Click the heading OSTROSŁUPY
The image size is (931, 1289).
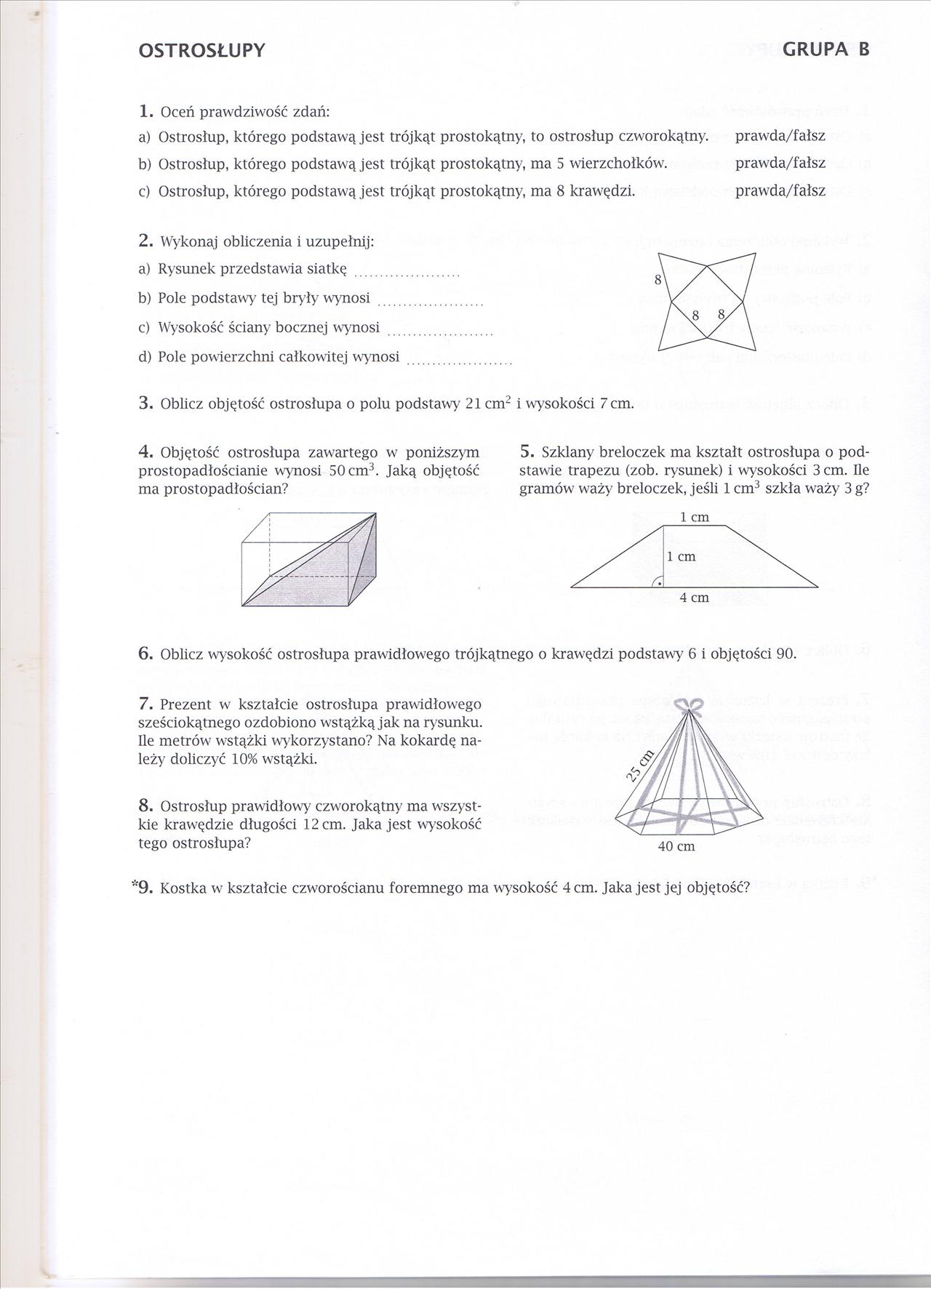(x=201, y=51)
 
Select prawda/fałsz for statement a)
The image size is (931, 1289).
(x=780, y=136)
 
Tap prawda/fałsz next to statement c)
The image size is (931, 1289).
(x=780, y=191)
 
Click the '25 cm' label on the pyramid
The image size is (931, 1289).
(x=640, y=763)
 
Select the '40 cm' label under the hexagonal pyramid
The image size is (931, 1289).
(x=676, y=846)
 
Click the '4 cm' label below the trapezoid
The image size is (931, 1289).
(x=694, y=598)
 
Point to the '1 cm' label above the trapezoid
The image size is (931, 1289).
(x=694, y=518)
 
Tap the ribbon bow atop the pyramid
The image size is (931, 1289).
(x=688, y=704)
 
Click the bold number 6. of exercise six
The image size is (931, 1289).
(x=146, y=654)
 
